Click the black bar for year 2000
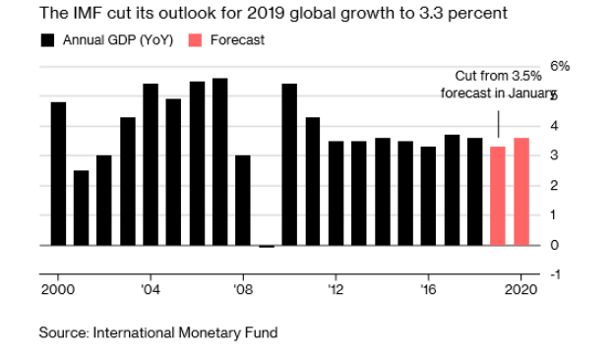click(58, 174)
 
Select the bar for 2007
click(220, 161)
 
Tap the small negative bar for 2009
click(267, 246)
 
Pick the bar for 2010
click(289, 164)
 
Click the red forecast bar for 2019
click(498, 196)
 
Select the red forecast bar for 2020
click(521, 192)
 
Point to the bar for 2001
click(81, 209)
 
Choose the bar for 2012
click(336, 193)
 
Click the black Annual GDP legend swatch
click(47, 40)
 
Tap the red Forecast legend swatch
click(195, 40)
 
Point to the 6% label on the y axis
click(560, 66)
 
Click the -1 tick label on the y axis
click(555, 274)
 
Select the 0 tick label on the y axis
click(555, 245)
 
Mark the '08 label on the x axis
click(243, 290)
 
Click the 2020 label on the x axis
click(521, 290)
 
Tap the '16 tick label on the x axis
click(428, 290)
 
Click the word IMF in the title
click(87, 13)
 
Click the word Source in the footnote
click(64, 333)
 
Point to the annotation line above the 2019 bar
click(499, 124)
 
